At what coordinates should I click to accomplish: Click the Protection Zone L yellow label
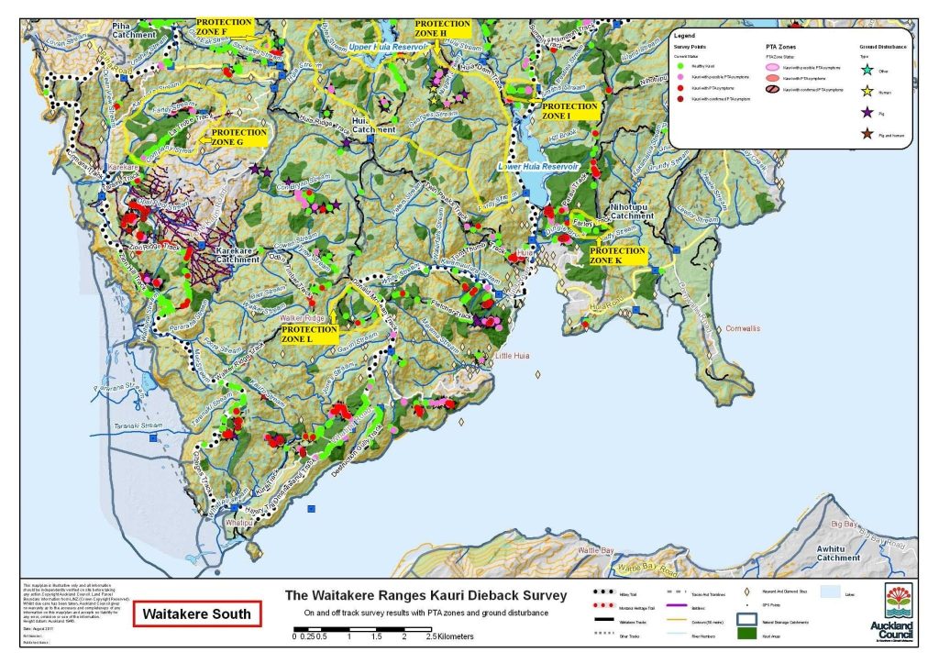click(x=310, y=332)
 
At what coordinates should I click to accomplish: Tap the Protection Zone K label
click(x=618, y=255)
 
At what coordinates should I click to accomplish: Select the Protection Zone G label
click(x=239, y=138)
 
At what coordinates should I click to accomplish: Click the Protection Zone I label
click(x=569, y=111)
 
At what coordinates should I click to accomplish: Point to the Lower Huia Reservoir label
click(x=539, y=167)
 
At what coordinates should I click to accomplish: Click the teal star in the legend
click(x=867, y=69)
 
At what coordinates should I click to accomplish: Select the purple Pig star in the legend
click(x=867, y=113)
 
